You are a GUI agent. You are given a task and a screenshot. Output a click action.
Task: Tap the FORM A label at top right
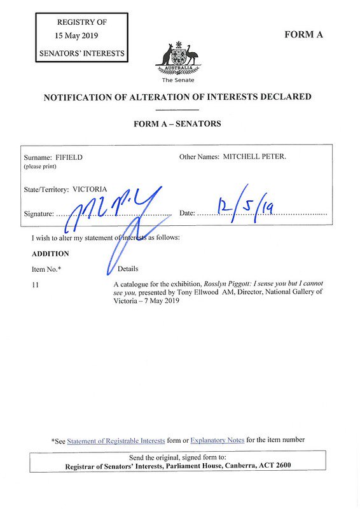(x=303, y=34)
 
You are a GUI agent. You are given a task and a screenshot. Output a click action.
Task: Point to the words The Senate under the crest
(x=177, y=80)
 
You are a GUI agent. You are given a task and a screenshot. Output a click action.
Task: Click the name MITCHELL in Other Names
(x=240, y=157)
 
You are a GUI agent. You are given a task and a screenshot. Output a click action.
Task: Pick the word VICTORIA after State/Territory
(x=90, y=189)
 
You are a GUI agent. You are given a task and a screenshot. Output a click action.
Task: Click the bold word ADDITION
(x=50, y=253)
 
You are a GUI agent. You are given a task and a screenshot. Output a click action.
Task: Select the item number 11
(x=36, y=284)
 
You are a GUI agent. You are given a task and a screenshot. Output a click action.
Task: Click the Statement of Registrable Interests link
(x=116, y=440)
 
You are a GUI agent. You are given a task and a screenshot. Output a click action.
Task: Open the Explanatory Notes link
(x=217, y=440)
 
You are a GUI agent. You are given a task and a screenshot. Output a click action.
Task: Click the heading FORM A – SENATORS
(x=177, y=123)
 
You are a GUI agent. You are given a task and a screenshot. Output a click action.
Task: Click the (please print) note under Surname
(x=40, y=166)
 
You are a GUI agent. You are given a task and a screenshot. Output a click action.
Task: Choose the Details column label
(x=128, y=268)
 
